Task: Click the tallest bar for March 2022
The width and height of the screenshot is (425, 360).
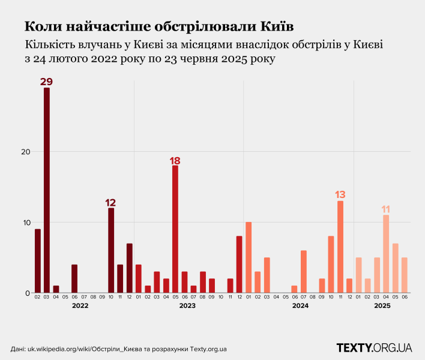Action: [x=47, y=191]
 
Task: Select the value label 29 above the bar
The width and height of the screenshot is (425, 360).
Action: [x=47, y=82]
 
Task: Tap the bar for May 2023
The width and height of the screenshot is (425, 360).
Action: [x=175, y=229]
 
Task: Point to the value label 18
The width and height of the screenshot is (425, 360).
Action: [x=175, y=161]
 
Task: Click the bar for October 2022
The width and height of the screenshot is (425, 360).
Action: [x=111, y=251]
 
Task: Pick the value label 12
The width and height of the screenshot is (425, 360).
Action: [x=111, y=202]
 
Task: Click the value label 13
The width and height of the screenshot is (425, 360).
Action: [x=340, y=194]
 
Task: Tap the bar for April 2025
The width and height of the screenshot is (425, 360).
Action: [x=386, y=254]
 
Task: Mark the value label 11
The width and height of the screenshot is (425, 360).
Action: [x=386, y=209]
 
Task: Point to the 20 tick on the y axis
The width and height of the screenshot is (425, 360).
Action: [x=26, y=152]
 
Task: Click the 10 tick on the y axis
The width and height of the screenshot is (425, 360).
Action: [x=26, y=223]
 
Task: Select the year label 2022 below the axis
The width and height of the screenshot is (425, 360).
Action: [x=80, y=306]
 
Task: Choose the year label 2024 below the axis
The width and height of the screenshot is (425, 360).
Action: [x=300, y=306]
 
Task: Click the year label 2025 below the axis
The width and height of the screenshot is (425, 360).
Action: [x=382, y=306]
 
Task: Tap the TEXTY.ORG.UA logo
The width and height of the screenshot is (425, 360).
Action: [x=374, y=347]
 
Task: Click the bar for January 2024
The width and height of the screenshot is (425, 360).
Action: [x=249, y=258]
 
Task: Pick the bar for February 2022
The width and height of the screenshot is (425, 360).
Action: [x=38, y=261]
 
